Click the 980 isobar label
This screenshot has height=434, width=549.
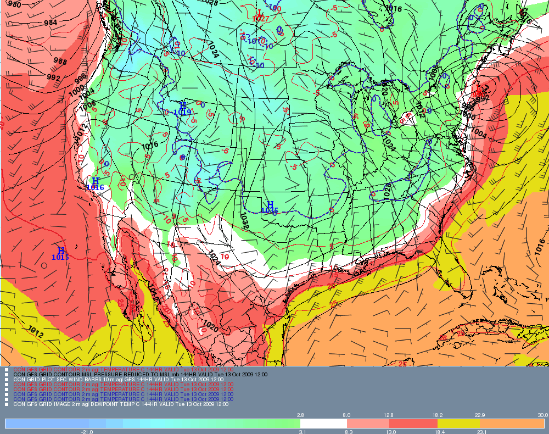point(14,4)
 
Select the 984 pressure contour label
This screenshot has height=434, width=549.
point(51,23)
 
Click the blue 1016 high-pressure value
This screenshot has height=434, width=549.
point(95,187)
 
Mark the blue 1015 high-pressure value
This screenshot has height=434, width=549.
point(60,257)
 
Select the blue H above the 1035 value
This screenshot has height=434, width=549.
point(270,204)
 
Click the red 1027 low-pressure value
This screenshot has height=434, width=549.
point(260,19)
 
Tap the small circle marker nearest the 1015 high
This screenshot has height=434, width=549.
point(43,265)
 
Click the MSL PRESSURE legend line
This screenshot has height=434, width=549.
point(140,374)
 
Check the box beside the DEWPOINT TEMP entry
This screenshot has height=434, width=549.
point(7,404)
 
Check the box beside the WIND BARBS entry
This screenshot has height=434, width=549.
point(7,379)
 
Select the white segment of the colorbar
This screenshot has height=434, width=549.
point(323,424)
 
